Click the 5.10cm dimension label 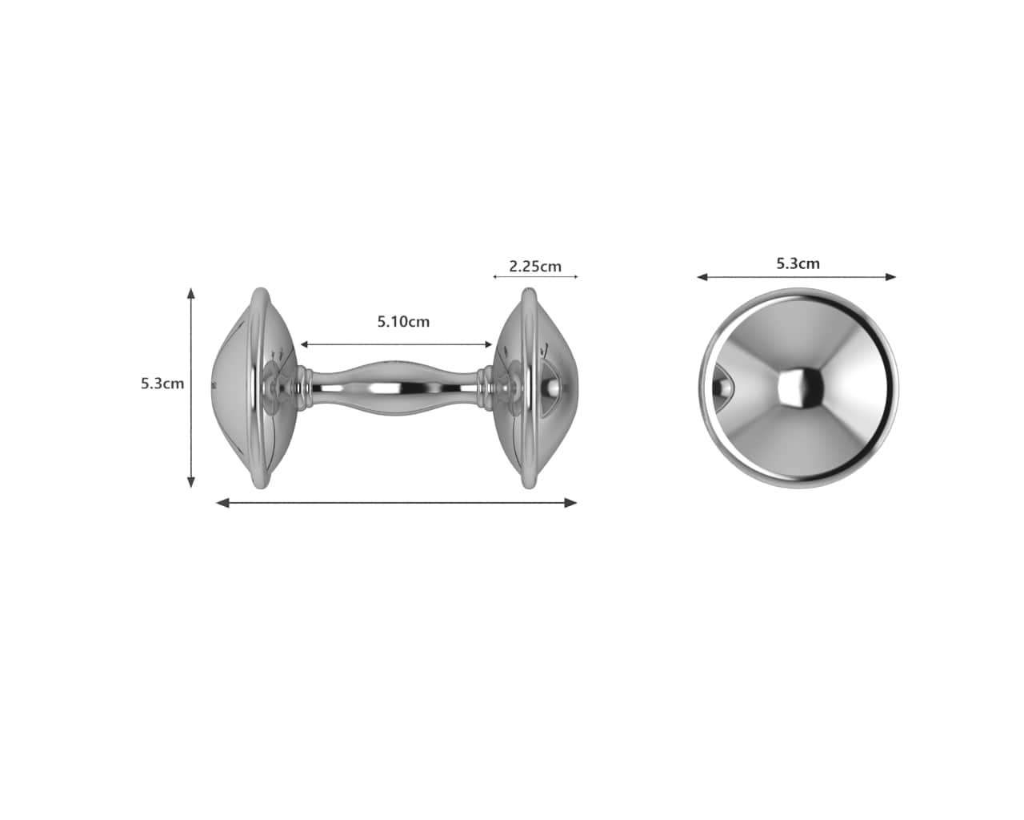(403, 322)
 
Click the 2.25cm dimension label (535, 266)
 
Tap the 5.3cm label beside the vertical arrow (162, 384)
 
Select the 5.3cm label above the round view (798, 263)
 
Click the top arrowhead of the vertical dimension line (190, 293)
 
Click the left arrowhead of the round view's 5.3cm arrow (702, 277)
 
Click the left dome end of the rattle (240, 388)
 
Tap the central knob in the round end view (799, 388)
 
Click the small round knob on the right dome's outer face (551, 388)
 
